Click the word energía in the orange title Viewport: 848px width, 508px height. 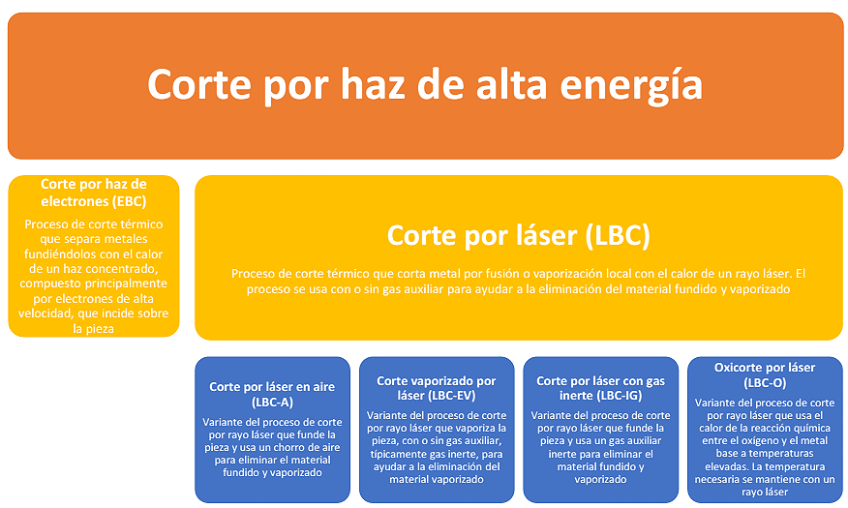click(x=631, y=86)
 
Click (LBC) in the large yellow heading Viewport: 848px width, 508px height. click(x=618, y=236)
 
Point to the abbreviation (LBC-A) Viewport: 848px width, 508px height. click(x=272, y=403)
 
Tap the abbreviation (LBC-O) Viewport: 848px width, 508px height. click(x=765, y=383)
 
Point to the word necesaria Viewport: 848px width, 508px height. click(x=717, y=479)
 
